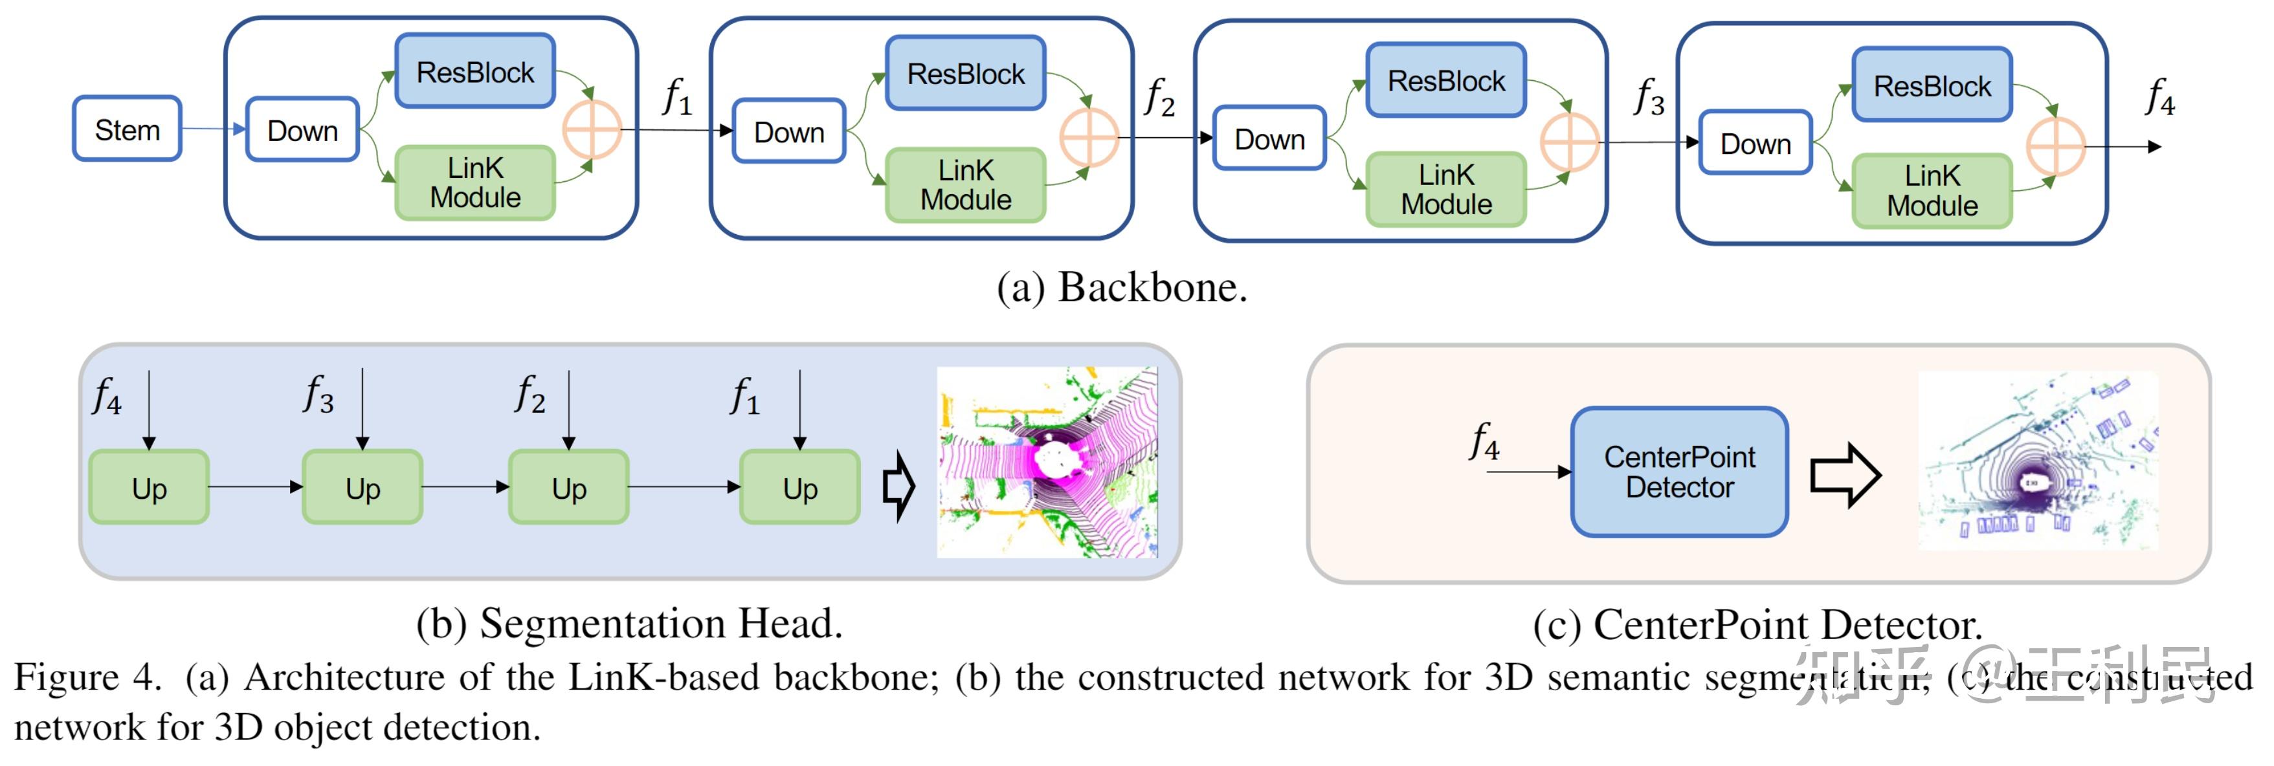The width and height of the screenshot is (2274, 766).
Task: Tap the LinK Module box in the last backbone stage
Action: pos(1932,191)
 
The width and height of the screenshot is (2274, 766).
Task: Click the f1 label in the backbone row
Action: pos(677,97)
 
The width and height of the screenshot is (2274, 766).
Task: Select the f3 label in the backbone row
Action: pos(1649,97)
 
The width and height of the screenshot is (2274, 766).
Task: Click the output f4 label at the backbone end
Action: pos(2160,97)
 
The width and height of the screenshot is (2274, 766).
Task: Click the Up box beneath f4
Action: pos(149,488)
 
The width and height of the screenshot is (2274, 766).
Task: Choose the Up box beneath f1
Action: pos(800,488)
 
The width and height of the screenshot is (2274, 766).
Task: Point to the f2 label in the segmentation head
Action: pos(531,395)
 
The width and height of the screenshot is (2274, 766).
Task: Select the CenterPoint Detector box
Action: pos(1679,472)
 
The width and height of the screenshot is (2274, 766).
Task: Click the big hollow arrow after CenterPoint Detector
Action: pos(1845,475)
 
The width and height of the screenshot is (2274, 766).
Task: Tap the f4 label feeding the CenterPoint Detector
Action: pos(1485,441)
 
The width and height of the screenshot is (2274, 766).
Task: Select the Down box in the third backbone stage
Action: pos(1269,138)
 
